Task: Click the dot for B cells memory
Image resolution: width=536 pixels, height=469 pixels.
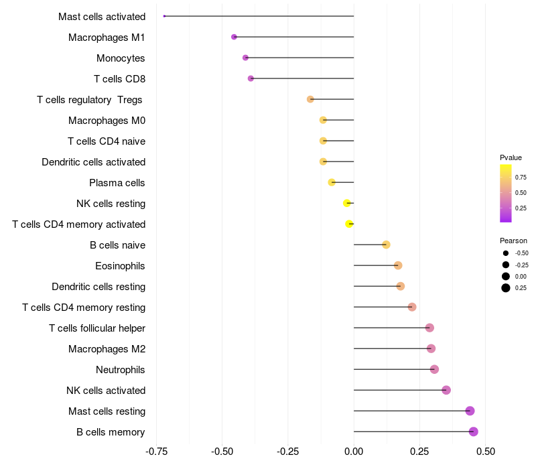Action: click(473, 431)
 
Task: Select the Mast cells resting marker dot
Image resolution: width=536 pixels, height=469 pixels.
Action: click(470, 411)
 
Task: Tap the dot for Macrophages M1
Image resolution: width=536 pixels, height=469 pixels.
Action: click(234, 37)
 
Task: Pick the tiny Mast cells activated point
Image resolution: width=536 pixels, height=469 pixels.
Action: click(164, 16)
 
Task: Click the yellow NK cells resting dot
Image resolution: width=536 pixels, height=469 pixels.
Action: click(347, 203)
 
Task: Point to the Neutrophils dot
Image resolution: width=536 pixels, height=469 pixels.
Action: click(434, 369)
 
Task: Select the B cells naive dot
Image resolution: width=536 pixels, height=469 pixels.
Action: click(386, 245)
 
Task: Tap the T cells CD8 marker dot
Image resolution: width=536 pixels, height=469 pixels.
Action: click(251, 78)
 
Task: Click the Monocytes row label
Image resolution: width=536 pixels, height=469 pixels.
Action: click(121, 58)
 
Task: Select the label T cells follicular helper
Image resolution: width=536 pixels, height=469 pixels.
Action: click(97, 328)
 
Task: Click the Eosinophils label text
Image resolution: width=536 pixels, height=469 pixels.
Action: click(120, 266)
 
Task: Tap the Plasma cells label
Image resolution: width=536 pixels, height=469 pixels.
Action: click(117, 183)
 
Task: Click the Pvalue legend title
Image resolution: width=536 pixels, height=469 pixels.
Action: click(511, 157)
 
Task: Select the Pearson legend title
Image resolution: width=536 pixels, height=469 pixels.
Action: click(513, 241)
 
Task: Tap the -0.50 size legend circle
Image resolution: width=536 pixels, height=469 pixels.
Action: click(505, 253)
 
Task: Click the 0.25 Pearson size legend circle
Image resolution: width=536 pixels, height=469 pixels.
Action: click(505, 288)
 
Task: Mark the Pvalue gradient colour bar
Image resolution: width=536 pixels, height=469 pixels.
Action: click(506, 193)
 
